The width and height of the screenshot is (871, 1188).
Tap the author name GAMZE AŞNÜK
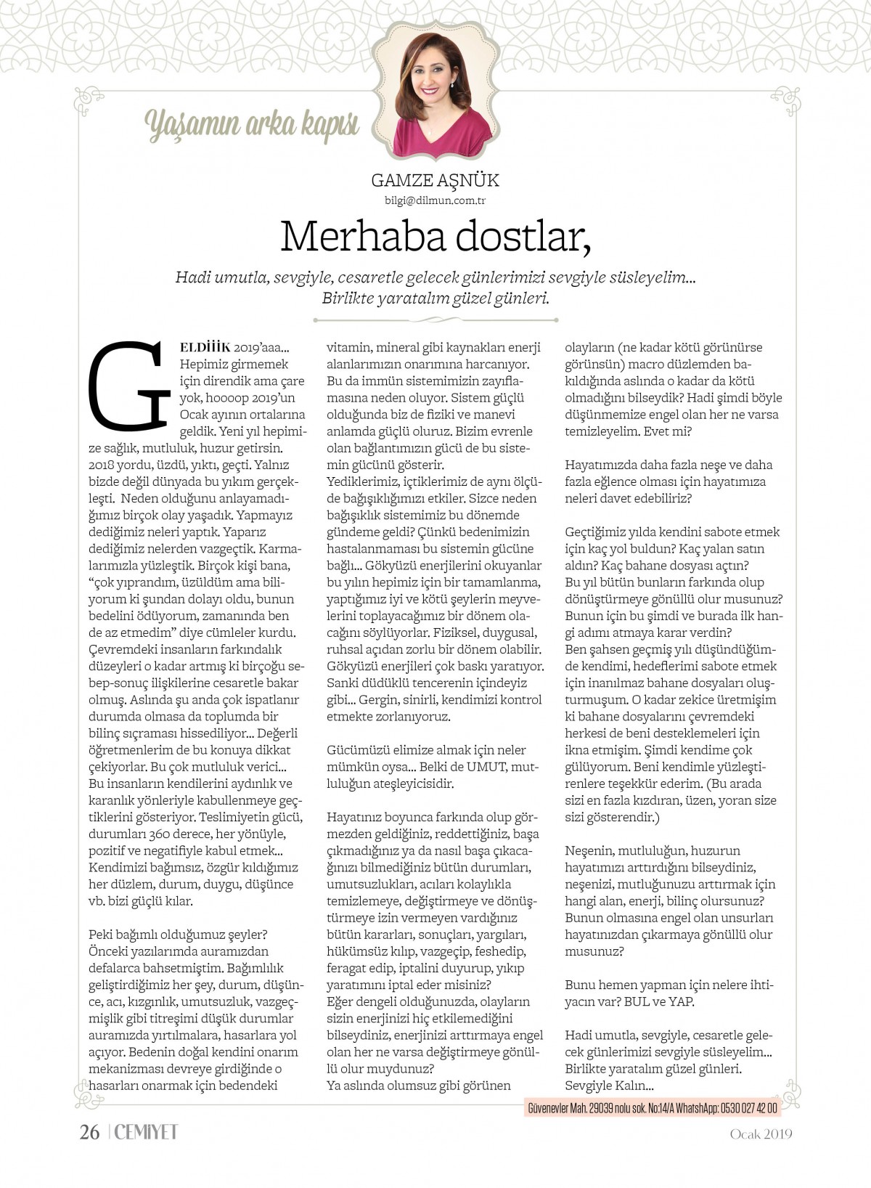click(435, 180)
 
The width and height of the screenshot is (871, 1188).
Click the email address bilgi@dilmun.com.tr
click(435, 200)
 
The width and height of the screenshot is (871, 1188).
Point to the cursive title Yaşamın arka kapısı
click(253, 126)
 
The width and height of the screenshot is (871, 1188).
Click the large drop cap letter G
click(129, 386)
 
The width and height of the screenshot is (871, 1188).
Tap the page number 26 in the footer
click(89, 1132)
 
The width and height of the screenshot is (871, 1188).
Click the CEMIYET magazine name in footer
click(146, 1132)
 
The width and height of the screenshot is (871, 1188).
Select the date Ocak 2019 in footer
click(761, 1134)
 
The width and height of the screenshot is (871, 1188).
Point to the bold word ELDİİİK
click(205, 348)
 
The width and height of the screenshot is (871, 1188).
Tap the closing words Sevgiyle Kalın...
click(609, 1086)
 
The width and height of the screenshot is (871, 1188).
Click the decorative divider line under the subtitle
click(435, 320)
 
